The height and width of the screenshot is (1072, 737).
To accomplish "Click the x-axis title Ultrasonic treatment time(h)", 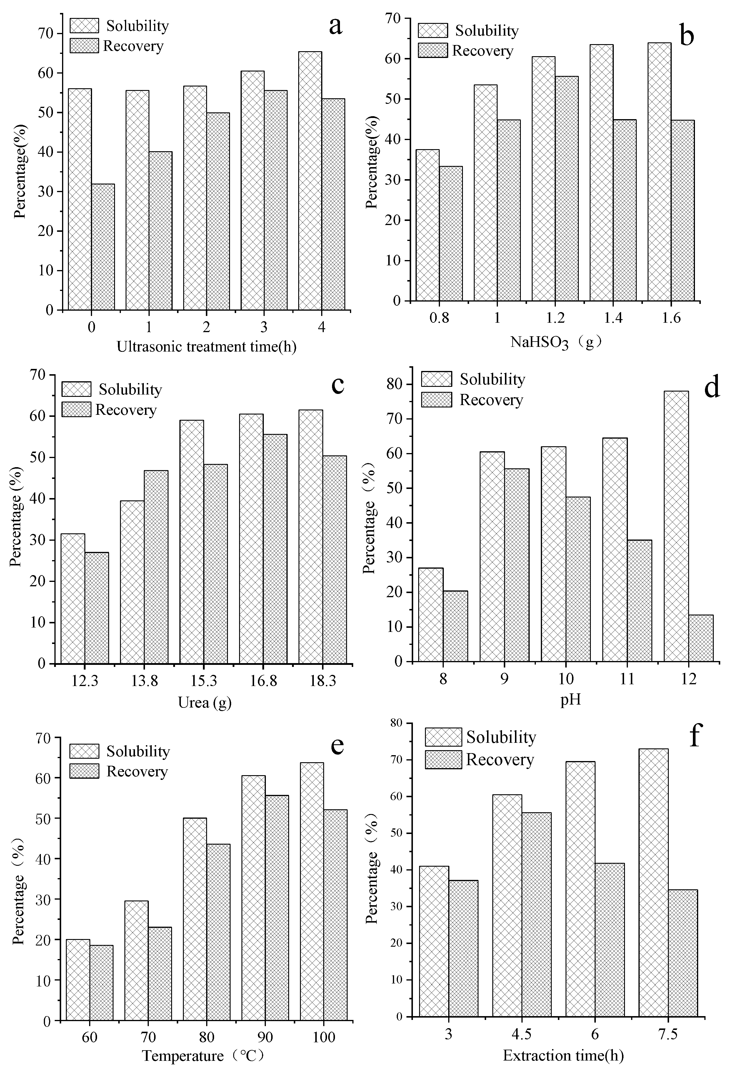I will click(206, 347).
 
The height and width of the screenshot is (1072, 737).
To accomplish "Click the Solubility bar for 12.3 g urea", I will click(73, 599).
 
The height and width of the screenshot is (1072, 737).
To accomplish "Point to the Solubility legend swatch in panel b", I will click(433, 31).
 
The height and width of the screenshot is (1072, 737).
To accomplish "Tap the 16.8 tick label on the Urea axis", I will click(263, 682).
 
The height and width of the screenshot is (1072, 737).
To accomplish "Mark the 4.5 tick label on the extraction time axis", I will click(522, 1034).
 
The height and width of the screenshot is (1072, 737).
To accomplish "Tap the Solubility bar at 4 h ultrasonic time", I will click(310, 181).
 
